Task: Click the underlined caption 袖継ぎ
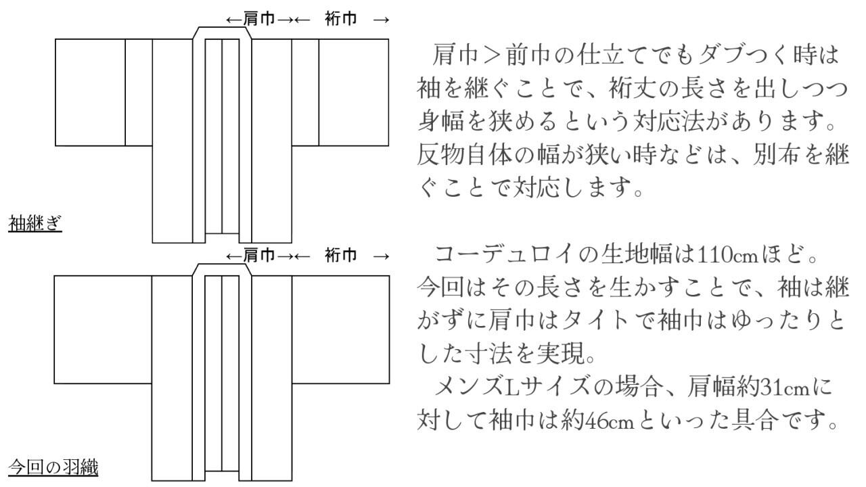(x=35, y=223)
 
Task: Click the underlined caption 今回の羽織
(x=53, y=467)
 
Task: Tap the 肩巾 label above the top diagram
(x=259, y=19)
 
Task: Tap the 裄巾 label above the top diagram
(x=340, y=19)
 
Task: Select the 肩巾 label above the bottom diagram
(x=259, y=256)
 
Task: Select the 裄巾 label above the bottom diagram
(x=340, y=256)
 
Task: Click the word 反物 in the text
(x=440, y=156)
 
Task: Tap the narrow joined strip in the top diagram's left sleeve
(x=139, y=93)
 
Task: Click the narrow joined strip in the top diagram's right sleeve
(x=305, y=93)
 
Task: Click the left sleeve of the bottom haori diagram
(x=103, y=329)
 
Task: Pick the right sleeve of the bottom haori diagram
(x=340, y=329)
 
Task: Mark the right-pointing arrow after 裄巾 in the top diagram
(x=381, y=20)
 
